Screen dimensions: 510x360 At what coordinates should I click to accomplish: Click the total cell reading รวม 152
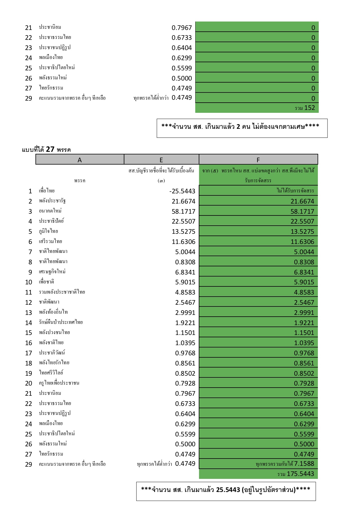[x=305, y=108]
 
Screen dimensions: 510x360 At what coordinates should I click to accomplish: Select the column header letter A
[x=80, y=160]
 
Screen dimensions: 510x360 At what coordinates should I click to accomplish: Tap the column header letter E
[x=161, y=160]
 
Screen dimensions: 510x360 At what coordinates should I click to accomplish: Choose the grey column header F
[x=258, y=160]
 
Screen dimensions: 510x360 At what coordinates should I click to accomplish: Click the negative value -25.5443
[x=182, y=191]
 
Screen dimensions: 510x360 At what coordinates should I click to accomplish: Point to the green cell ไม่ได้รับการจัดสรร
[x=295, y=191]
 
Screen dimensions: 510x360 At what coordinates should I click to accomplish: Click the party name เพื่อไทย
[x=47, y=191]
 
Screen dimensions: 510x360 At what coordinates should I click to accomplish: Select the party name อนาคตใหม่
[x=50, y=211]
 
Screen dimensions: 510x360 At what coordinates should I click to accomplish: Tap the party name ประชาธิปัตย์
[x=51, y=221]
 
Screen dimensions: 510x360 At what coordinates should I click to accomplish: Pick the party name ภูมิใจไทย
[x=49, y=231]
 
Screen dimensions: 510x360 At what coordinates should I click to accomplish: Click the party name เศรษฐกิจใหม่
[x=52, y=272]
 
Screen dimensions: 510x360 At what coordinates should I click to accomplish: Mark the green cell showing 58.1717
[x=302, y=211]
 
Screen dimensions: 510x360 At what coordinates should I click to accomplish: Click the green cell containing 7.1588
[x=304, y=463]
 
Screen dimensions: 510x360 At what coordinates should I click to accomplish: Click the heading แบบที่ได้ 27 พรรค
[x=46, y=149]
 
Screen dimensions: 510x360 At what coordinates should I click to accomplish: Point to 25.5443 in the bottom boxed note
[x=228, y=490]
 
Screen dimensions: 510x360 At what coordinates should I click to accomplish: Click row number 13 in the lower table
[x=28, y=313]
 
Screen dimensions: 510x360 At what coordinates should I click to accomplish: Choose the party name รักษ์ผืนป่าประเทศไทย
[x=61, y=322]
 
